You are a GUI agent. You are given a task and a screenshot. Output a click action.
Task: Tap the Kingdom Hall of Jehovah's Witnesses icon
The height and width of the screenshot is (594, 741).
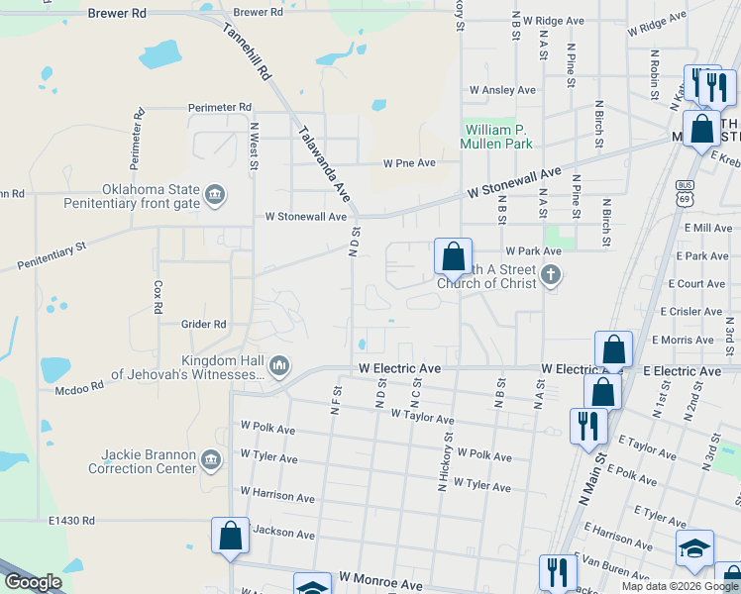279,366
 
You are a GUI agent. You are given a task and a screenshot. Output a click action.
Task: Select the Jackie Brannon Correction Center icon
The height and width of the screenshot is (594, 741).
210,459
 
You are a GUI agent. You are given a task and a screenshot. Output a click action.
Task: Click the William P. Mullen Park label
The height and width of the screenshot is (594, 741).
496,137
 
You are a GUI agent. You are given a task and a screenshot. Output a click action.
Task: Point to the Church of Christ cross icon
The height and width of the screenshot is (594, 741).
552,275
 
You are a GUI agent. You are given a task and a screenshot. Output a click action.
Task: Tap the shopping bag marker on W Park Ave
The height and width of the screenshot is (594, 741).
453,256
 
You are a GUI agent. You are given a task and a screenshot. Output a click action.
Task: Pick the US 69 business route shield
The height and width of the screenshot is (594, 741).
685,192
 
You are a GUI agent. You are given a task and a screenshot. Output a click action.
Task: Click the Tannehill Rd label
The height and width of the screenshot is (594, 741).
249,53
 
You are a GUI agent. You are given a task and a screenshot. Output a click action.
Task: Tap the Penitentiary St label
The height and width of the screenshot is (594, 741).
52,254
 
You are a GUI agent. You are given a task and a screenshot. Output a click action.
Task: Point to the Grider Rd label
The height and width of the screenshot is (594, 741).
204,324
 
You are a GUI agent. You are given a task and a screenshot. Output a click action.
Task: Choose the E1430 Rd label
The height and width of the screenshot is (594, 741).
70,520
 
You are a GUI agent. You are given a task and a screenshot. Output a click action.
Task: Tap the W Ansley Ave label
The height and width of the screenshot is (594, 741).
502,90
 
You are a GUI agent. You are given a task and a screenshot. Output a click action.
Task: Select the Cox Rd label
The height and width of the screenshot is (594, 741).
158,296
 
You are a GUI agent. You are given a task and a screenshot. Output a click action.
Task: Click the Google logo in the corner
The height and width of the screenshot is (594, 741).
33,582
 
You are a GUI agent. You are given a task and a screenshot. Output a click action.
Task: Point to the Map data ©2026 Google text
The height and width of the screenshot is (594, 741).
680,586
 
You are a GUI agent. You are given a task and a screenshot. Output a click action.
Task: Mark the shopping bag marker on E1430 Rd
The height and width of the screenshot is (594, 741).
230,537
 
